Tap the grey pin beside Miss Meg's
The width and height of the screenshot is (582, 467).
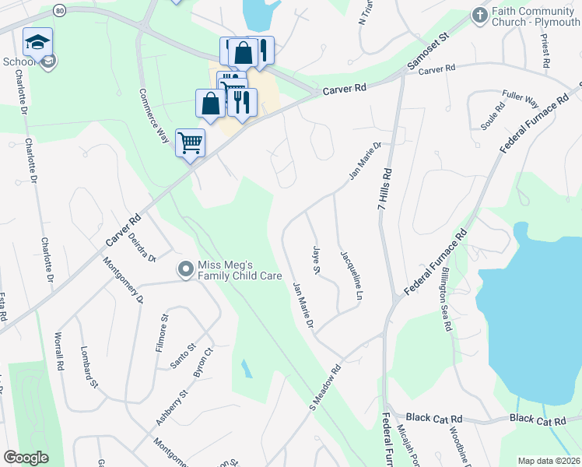185,270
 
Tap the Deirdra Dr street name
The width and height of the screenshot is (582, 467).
142,247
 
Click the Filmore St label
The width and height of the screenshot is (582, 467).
162,330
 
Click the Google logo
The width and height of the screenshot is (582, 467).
26,458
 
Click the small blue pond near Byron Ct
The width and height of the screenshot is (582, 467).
246,367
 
